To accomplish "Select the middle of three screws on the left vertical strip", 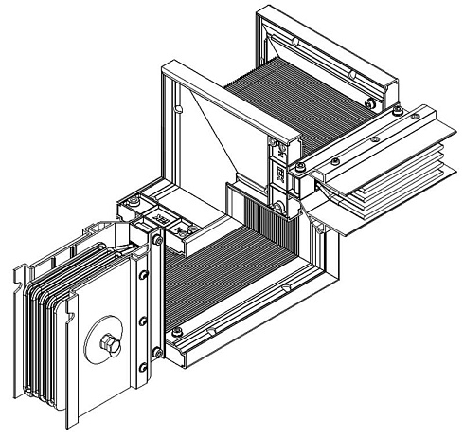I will [x=143, y=321].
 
